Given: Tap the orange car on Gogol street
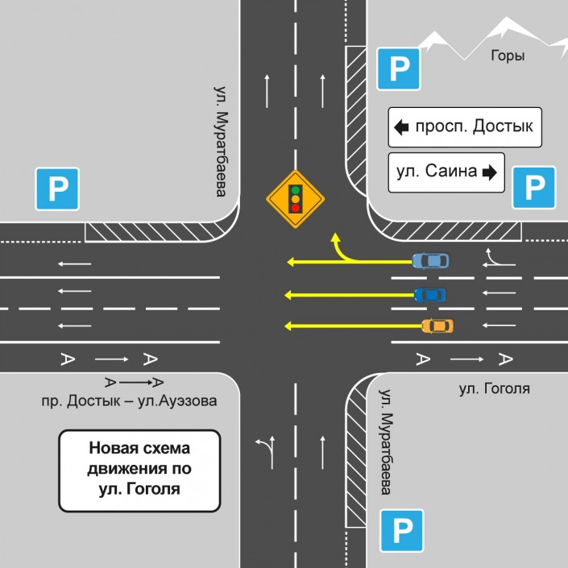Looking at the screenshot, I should (437, 325).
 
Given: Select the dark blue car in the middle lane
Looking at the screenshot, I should (429, 294).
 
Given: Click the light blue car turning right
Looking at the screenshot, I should (430, 260).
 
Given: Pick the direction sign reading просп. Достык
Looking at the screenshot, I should (464, 126).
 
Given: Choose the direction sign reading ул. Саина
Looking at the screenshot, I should (446, 172).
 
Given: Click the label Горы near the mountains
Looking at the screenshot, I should (508, 56).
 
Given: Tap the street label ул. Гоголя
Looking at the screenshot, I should (494, 389).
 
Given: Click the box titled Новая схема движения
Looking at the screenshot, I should (139, 471).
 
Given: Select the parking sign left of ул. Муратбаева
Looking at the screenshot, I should (56, 190).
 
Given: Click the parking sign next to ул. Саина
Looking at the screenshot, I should (534, 188).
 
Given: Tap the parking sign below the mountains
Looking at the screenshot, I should (399, 68).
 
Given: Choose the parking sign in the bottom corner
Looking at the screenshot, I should (402, 531).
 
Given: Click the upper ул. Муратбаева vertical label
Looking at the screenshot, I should (218, 141).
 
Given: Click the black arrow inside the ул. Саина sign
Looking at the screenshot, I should (488, 172).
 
